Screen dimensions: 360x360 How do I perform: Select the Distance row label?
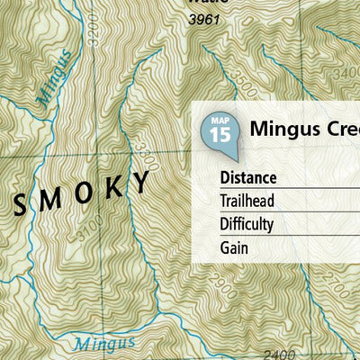[247, 177]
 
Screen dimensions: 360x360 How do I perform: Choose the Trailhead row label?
[247, 201]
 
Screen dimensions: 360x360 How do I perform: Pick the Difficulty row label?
[246, 224]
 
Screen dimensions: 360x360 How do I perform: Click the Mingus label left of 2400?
[104, 343]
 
